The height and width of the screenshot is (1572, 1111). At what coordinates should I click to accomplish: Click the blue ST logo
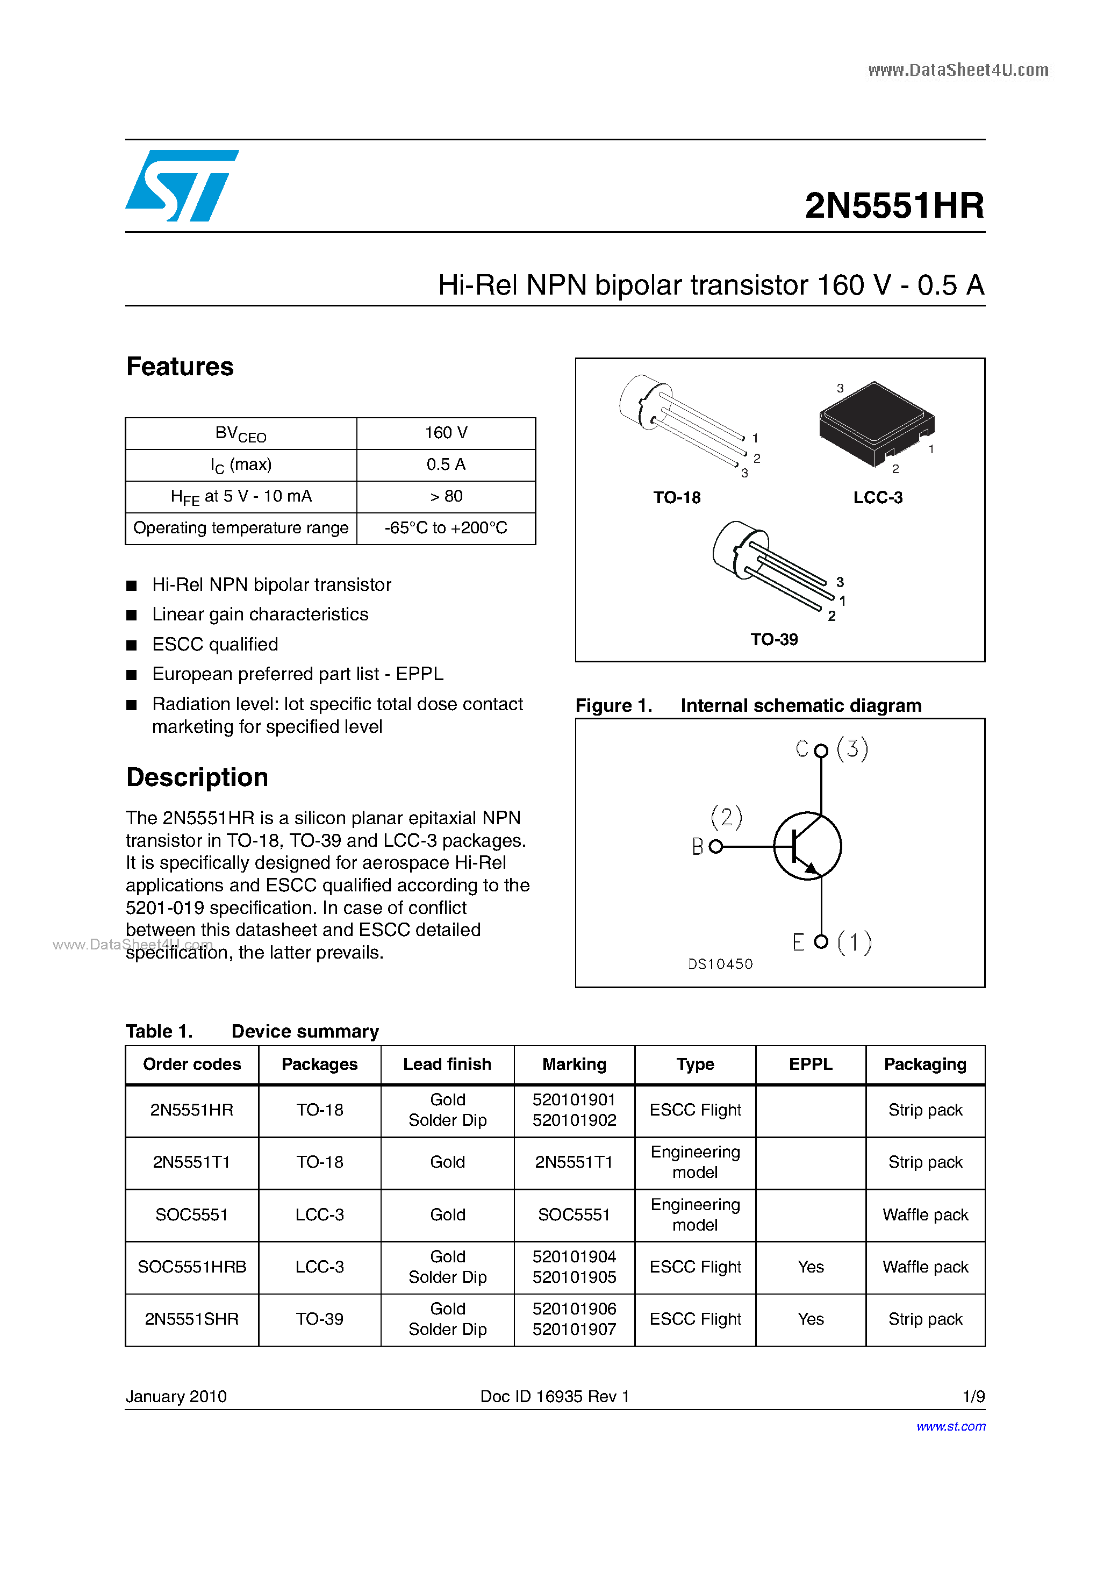[x=181, y=185]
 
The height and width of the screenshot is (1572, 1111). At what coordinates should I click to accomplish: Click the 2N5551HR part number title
[x=894, y=205]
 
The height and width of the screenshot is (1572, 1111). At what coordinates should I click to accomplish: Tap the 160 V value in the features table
[x=446, y=433]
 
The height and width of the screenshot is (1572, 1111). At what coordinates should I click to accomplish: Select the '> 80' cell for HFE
[x=446, y=496]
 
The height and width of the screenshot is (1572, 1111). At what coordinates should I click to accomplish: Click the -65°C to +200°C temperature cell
[x=446, y=528]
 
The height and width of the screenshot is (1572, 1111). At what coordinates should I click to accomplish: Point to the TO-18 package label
[x=676, y=498]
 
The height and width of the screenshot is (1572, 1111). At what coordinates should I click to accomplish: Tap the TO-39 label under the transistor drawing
[x=773, y=639]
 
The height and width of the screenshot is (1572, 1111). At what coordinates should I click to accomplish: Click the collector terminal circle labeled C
[x=821, y=751]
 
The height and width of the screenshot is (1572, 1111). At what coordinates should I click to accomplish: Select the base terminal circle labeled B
[x=715, y=847]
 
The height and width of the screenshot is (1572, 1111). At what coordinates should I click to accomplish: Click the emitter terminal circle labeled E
[x=821, y=942]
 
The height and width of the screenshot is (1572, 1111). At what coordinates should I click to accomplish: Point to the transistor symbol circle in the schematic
[x=808, y=846]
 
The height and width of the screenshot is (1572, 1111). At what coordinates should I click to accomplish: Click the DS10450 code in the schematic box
[x=720, y=964]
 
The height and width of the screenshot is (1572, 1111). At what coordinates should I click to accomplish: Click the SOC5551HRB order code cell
[x=192, y=1267]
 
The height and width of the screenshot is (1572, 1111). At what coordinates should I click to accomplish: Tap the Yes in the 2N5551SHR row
[x=811, y=1319]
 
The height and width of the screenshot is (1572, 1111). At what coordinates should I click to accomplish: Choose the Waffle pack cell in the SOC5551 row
[x=925, y=1214]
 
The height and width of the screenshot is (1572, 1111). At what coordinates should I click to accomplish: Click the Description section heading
[x=197, y=778]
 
